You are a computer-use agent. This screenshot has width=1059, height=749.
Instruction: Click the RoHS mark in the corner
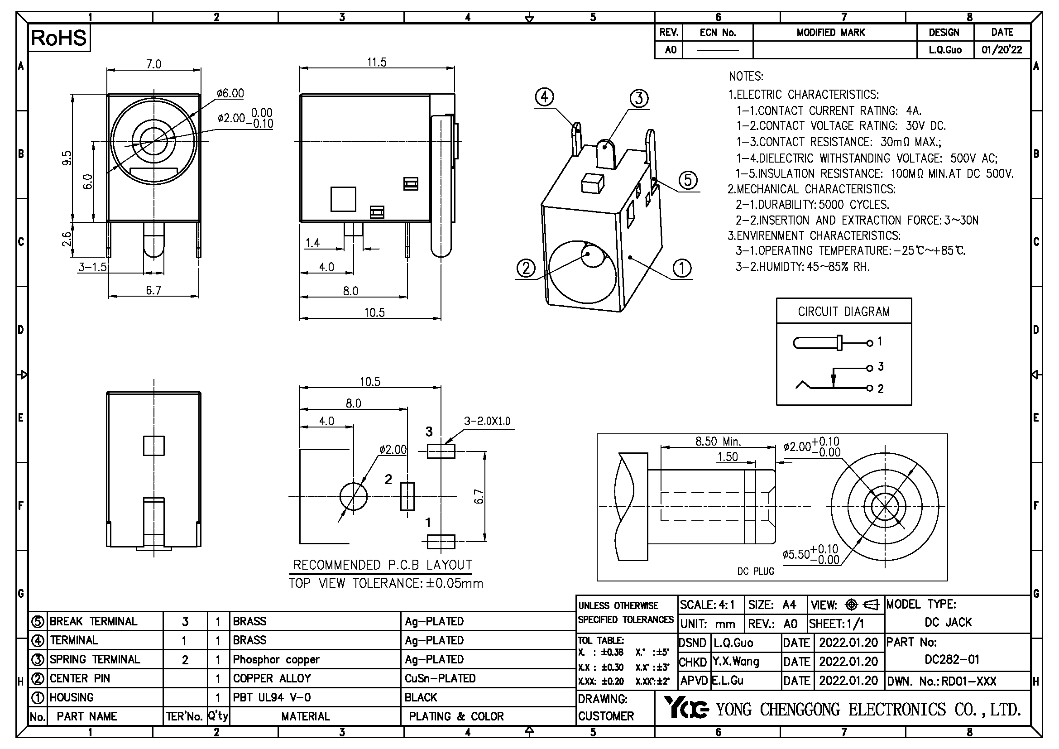point(58,38)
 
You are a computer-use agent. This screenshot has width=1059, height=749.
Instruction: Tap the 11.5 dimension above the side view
point(376,62)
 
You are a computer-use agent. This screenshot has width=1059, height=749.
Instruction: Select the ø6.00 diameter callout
point(230,93)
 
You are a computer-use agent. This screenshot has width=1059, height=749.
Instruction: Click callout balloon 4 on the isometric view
point(544,97)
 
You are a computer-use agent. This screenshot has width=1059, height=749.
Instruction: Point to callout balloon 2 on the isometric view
point(526,268)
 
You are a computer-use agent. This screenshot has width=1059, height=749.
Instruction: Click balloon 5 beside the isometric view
point(688,180)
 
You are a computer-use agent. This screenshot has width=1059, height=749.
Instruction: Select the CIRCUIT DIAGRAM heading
point(843,312)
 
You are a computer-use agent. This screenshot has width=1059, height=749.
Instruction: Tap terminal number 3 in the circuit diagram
point(881,367)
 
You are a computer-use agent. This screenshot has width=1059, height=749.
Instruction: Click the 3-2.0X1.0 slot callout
point(487,421)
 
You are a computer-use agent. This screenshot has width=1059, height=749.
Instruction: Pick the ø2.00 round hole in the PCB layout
point(353,496)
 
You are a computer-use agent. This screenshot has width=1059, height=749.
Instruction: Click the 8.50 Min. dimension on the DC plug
point(718,442)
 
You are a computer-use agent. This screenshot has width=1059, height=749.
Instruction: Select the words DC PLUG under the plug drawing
point(756,571)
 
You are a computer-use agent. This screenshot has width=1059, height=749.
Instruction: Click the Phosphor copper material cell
point(276,659)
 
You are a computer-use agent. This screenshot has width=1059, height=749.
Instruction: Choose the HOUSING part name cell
point(72,697)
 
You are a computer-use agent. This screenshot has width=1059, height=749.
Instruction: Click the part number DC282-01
point(952,659)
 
